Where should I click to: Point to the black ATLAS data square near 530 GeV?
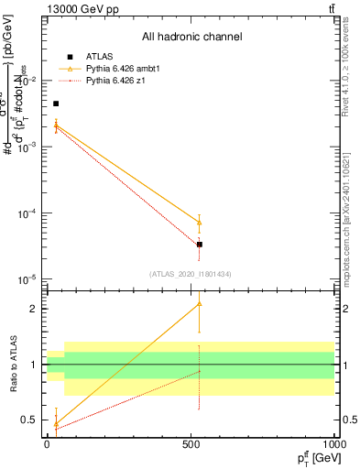point(200,245)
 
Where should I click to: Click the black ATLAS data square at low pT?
point(56,104)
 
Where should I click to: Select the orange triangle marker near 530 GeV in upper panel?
point(200,223)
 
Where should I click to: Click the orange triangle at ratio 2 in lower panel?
point(200,303)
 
